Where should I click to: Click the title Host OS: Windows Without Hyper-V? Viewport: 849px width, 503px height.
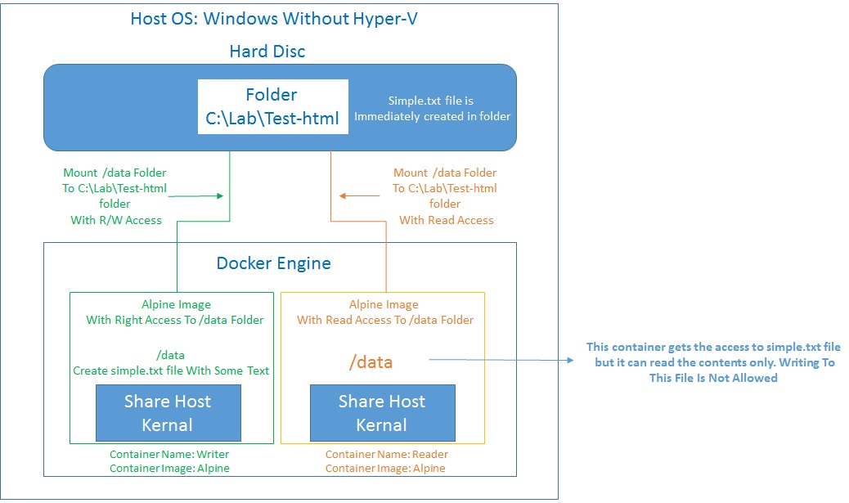click(x=274, y=19)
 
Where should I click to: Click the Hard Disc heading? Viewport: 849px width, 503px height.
click(x=267, y=52)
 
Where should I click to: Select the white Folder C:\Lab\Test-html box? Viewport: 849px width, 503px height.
click(x=272, y=107)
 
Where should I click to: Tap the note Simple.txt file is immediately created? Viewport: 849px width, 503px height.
click(x=432, y=109)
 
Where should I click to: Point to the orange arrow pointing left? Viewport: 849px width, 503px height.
click(x=360, y=195)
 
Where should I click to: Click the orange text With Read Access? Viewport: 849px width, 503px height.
click(x=446, y=219)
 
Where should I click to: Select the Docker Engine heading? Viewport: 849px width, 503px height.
click(x=273, y=263)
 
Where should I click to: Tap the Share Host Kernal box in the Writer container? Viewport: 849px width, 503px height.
click(x=168, y=413)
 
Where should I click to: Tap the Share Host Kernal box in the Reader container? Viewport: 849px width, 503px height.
click(x=382, y=413)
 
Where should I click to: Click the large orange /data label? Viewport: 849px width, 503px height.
click(x=371, y=362)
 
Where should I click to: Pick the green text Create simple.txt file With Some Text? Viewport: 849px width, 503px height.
click(x=171, y=371)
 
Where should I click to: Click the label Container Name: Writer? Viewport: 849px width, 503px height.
click(x=169, y=454)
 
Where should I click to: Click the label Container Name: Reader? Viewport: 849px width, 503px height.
click(x=386, y=454)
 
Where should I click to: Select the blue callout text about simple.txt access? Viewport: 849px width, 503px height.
click(x=713, y=362)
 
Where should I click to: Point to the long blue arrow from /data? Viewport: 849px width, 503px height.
click(x=499, y=359)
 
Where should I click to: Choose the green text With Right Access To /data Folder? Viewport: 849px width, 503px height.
click(x=175, y=320)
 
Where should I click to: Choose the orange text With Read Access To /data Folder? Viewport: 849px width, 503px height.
click(x=385, y=320)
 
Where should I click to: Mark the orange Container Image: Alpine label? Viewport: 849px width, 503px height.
click(x=385, y=468)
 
